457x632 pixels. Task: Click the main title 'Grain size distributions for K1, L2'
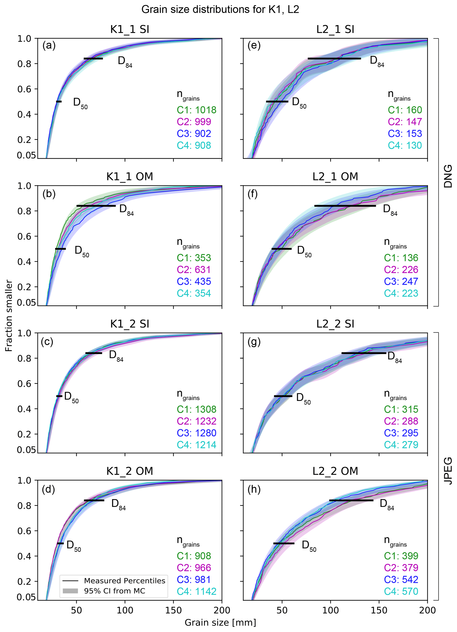(220, 10)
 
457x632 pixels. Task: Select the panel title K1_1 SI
(130, 29)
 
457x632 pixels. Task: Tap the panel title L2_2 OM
(335, 471)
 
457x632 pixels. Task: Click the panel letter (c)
(47, 341)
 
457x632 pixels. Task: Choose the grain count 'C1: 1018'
(196, 110)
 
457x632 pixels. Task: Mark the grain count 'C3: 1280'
(196, 433)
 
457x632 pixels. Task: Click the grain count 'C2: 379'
(401, 568)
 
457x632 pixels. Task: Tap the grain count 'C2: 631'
(194, 270)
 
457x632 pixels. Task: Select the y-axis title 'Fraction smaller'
(9, 316)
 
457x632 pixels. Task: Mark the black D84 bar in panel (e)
(334, 58)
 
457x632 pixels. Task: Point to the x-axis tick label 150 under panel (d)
(173, 610)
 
